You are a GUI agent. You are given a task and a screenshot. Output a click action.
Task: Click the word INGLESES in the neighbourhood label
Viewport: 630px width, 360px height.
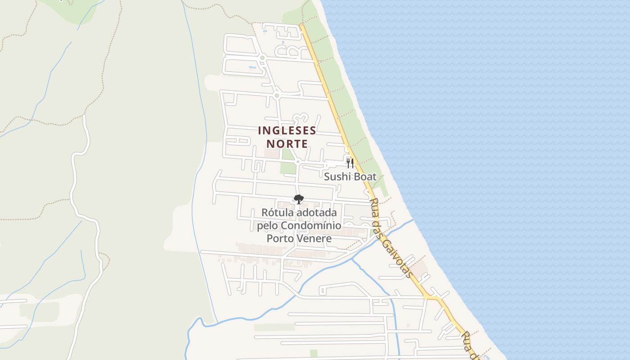click(x=287, y=130)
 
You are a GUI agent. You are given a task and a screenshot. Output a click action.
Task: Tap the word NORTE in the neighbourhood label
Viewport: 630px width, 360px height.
click(x=287, y=144)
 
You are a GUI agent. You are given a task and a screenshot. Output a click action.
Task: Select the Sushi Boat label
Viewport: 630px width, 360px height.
click(x=350, y=177)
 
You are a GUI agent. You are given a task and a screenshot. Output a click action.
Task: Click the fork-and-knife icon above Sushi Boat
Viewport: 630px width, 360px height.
click(x=350, y=163)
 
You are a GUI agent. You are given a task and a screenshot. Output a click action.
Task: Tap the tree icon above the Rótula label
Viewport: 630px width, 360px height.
click(x=298, y=199)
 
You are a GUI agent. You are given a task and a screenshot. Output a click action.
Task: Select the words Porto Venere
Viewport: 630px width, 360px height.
click(x=299, y=238)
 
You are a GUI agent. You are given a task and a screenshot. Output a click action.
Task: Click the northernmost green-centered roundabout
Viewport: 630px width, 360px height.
click(x=262, y=58)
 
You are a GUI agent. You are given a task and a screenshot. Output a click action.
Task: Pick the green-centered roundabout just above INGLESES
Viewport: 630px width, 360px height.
click(x=277, y=95)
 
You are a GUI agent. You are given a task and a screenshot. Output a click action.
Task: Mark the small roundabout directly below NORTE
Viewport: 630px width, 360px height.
click(x=297, y=162)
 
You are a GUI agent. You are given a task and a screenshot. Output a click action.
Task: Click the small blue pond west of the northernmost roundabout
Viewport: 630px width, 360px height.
click(x=252, y=68)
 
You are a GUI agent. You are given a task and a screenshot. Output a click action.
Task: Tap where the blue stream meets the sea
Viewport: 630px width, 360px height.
click(x=412, y=220)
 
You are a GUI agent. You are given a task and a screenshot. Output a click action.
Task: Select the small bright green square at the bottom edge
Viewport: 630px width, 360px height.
click(x=314, y=354)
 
